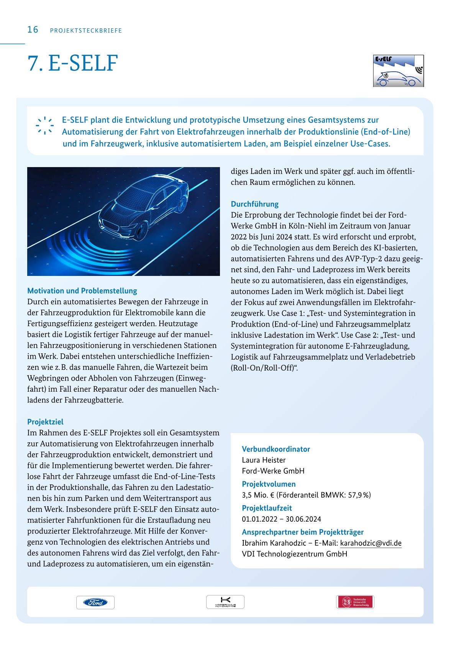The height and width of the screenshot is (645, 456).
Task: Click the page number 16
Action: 33,30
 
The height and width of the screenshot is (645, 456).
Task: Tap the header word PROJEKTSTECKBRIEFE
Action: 86,31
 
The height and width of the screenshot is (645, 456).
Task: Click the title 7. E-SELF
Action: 72,63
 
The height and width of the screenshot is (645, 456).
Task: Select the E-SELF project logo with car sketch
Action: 399,71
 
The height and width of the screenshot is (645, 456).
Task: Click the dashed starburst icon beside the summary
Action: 45,125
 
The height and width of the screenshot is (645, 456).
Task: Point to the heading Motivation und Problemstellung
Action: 82,291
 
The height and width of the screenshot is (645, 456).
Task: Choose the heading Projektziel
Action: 45,422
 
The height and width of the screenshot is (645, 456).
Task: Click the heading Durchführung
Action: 254,204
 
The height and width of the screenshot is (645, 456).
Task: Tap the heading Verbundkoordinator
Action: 276,449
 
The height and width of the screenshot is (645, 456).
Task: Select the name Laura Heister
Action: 264,460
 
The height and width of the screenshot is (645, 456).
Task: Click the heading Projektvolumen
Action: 269,484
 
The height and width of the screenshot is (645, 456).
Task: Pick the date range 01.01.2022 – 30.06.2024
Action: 281,519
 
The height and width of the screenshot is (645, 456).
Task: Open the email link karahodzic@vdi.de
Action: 371,543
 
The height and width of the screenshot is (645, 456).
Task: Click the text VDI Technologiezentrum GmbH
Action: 294,554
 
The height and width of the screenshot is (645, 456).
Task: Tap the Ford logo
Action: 95,602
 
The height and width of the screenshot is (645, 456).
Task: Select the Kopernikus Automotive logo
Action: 225,602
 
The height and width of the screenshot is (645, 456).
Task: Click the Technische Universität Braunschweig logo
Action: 355,602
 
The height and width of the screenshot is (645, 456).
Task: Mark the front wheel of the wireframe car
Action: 143,231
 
